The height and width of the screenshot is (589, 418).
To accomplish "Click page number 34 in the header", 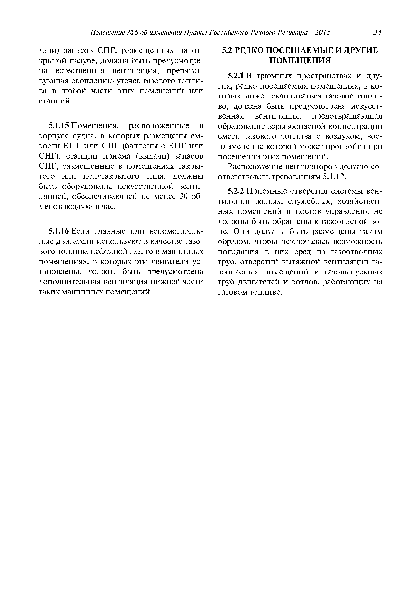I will (377, 33).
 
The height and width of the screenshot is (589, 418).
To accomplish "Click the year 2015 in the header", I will (322, 33).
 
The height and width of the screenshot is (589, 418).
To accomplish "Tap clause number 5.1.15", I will (59, 126).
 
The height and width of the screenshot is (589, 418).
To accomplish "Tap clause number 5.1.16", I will (59, 231).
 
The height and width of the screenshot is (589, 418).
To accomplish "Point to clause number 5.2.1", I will (236, 76).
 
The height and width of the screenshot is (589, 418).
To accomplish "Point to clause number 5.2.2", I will (236, 191).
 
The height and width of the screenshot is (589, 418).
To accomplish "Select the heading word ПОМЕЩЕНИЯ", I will (300, 61).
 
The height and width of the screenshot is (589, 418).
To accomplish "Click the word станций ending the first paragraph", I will (54, 101).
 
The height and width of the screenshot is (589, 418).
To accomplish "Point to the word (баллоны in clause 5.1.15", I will (138, 146).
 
